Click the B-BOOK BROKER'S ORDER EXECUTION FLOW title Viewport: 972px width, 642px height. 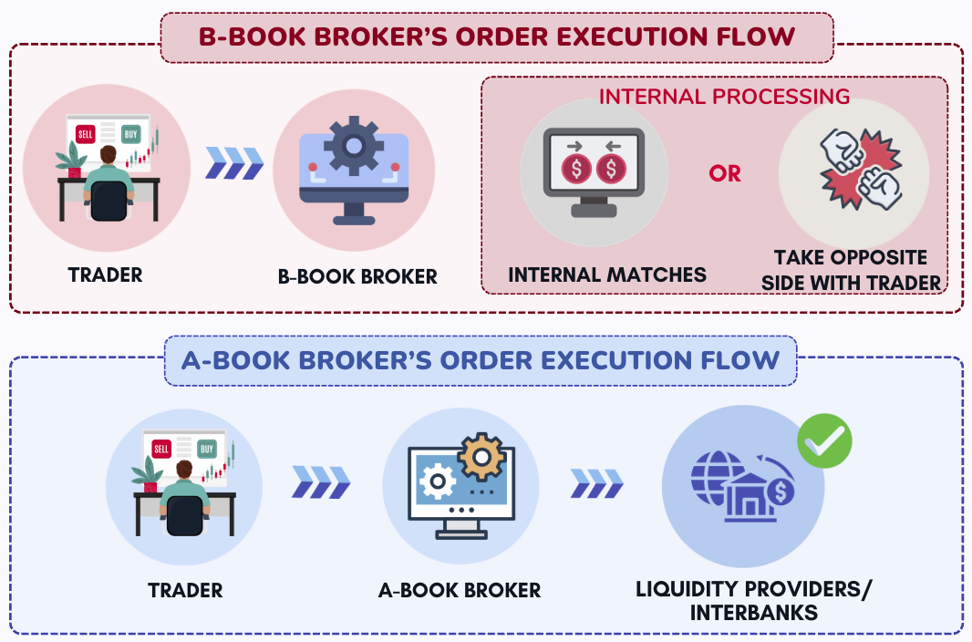coord(497,36)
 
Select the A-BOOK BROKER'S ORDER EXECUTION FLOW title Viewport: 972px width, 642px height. coord(480,359)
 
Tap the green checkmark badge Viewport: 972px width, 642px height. coord(824,441)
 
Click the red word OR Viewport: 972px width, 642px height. coord(725,173)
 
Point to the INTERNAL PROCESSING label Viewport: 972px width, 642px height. coord(724,96)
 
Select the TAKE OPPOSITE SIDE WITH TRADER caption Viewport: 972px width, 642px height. coord(852,270)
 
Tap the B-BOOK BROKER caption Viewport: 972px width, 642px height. coord(357,276)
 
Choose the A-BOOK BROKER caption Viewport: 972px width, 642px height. coord(460,590)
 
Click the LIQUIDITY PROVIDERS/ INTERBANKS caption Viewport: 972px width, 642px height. coord(753,600)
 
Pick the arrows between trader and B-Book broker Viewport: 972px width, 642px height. coord(235,163)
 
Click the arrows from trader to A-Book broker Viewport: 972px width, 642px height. coord(321,482)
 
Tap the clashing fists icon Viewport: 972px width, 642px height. coord(853,170)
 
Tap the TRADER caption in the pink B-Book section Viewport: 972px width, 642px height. coord(106,274)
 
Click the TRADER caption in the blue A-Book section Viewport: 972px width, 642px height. coord(185,590)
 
